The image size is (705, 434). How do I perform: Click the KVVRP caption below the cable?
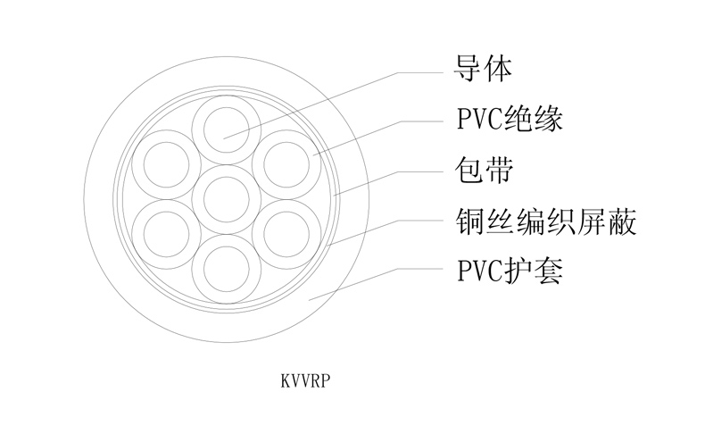(306, 380)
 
